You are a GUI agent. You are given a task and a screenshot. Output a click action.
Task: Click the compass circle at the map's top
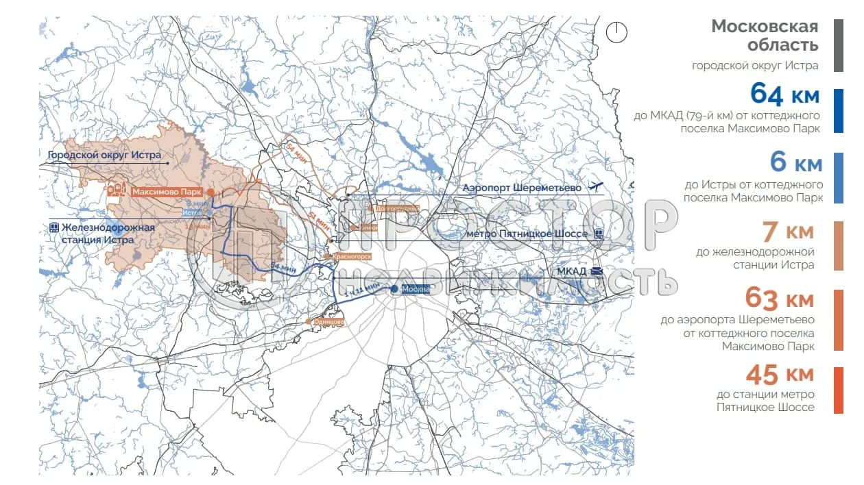pos(616,32)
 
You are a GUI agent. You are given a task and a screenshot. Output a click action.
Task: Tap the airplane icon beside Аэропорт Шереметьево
pos(595,186)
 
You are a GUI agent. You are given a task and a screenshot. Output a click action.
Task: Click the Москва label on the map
pos(414,289)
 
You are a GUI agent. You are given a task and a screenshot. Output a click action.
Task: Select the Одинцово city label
pos(328,321)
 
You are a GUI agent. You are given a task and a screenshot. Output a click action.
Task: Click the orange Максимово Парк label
pos(166,192)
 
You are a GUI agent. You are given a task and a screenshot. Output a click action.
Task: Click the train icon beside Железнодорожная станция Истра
pos(53,228)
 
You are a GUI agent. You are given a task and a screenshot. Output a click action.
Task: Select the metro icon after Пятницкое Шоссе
pos(599,234)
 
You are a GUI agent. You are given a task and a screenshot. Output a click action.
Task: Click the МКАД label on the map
pos(572,271)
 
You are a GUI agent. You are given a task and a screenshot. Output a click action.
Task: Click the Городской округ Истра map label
pos(104,155)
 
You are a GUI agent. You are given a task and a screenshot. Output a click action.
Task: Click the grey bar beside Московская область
pos(838,45)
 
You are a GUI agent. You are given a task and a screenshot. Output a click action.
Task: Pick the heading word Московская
pos(765,27)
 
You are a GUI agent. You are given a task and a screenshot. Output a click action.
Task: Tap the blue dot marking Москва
pos(394,290)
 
